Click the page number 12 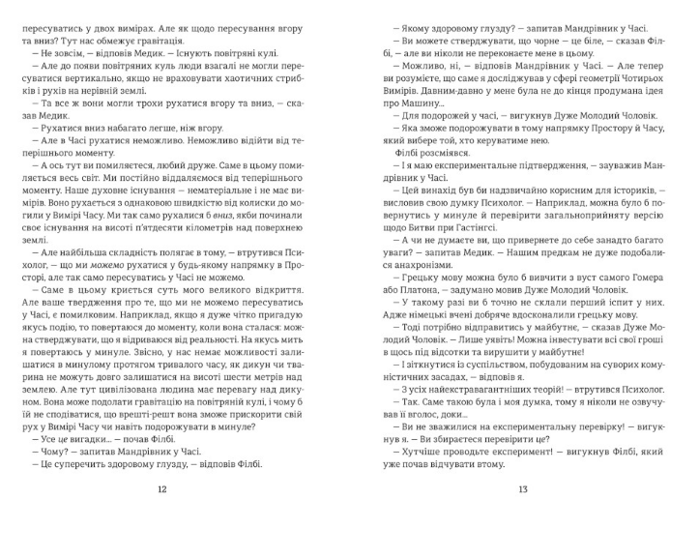tap(161, 515)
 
